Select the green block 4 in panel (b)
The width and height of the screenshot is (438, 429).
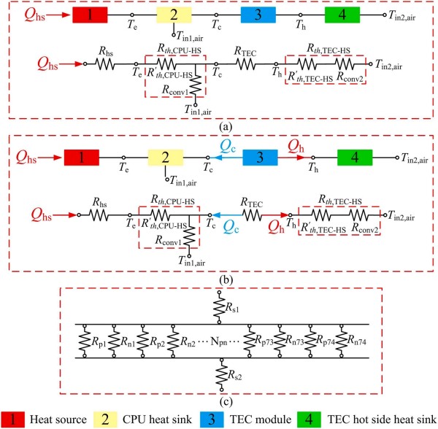click(x=356, y=158)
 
